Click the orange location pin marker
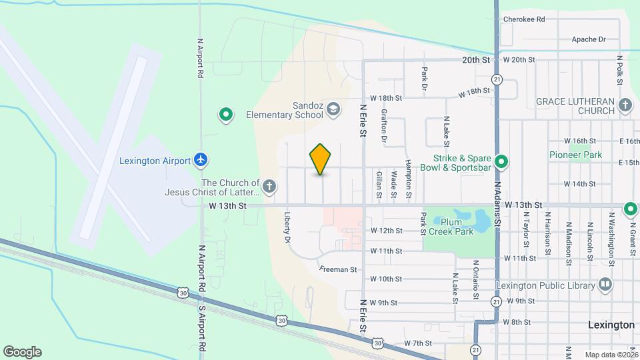tap(321, 159)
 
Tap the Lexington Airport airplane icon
tap(200, 160)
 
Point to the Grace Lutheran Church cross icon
tap(625, 105)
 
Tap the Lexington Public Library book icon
tap(605, 285)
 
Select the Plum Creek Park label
tap(457, 227)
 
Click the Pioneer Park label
tap(575, 155)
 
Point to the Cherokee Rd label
tap(524, 19)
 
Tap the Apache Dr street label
tap(589, 40)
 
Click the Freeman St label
tap(339, 270)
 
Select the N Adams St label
tap(497, 200)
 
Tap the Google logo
tap(22, 352)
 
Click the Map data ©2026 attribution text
tap(611, 355)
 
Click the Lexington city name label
tap(611, 325)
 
